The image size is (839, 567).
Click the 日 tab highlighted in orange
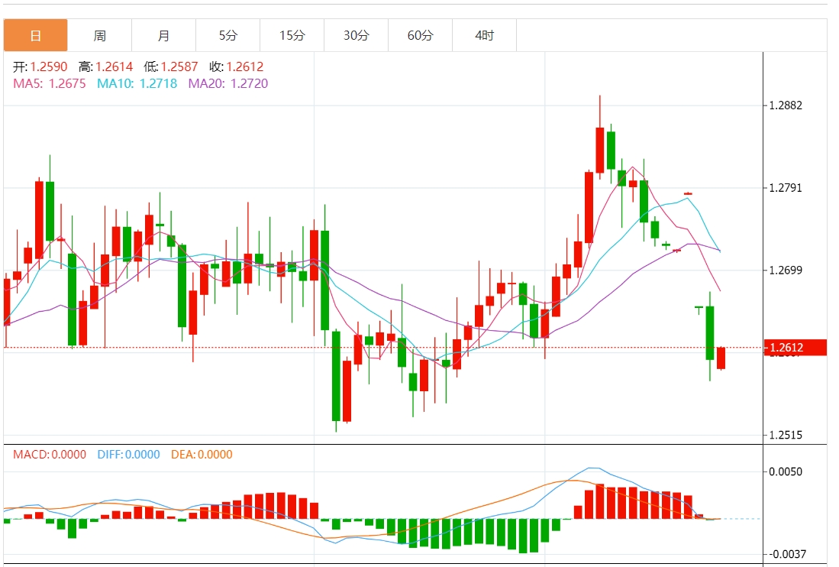[x=35, y=36]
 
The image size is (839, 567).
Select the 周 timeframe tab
[x=99, y=36]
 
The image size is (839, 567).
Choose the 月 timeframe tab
[x=163, y=36]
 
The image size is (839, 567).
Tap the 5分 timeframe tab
[x=227, y=36]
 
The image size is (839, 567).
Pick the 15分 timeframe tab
[x=292, y=36]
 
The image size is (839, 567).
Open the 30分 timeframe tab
[x=356, y=36]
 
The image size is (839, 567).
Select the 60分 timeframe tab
[x=420, y=36]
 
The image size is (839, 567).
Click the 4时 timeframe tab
[x=484, y=36]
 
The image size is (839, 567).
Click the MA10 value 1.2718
[x=158, y=83]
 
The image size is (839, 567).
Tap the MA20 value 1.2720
[x=249, y=83]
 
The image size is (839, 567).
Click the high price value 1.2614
[x=114, y=67]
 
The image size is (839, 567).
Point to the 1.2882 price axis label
[x=786, y=105]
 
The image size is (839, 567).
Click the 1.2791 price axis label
[x=786, y=188]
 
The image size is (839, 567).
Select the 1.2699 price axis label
[x=786, y=271]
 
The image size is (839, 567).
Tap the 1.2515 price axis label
[x=786, y=436]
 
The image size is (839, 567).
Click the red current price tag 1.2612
[x=795, y=348]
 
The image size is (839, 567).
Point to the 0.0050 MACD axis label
[x=786, y=471]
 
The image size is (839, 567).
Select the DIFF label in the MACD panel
[x=110, y=455]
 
